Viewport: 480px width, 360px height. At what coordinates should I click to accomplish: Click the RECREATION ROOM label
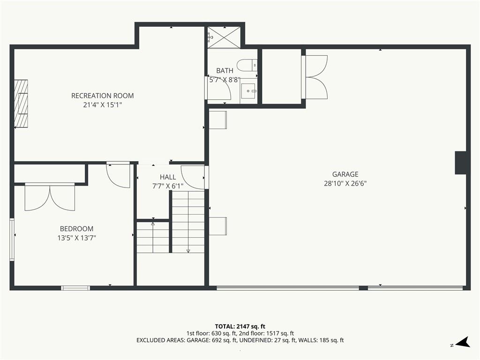(103, 96)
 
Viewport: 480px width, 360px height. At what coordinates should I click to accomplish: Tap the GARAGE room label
(345, 174)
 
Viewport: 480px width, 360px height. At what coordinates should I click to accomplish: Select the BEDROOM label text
(76, 229)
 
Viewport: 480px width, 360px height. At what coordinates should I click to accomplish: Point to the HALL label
(168, 177)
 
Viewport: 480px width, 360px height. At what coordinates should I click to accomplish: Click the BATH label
(225, 71)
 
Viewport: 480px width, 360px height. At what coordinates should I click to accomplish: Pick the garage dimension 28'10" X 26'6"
(345, 184)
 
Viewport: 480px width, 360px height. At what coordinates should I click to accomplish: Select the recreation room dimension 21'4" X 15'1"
(103, 105)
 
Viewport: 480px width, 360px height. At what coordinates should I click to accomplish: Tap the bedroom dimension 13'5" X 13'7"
(76, 238)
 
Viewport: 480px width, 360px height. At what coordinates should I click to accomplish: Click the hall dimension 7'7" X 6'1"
(168, 186)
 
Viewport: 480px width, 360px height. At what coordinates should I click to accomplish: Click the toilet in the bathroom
(247, 65)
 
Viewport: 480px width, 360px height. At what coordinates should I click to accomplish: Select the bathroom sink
(248, 91)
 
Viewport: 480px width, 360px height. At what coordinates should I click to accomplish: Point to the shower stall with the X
(224, 37)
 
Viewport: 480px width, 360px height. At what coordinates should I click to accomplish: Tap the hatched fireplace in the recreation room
(21, 104)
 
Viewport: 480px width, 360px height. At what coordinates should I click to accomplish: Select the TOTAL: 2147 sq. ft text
(240, 326)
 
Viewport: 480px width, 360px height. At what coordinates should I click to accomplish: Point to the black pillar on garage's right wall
(461, 163)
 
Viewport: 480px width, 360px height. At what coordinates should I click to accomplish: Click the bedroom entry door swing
(118, 175)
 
